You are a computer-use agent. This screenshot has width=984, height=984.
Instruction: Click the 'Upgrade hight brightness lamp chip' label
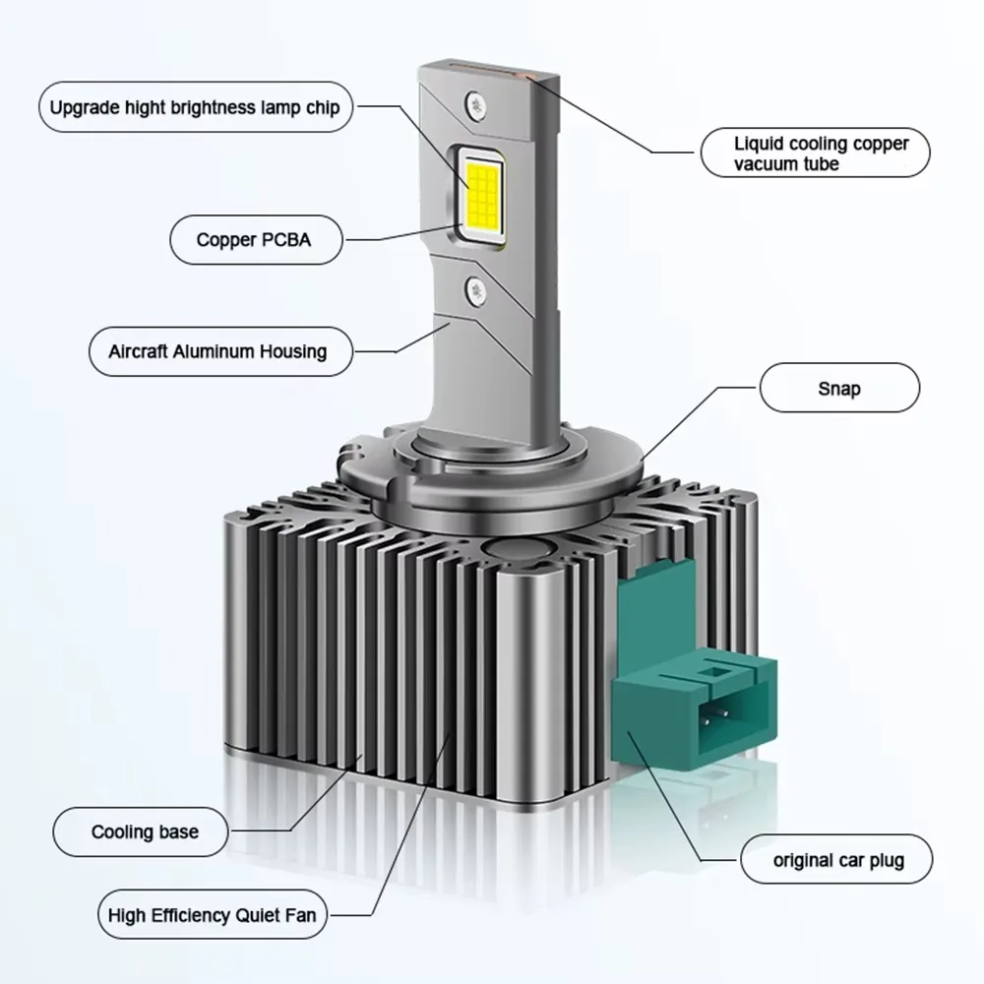click(195, 107)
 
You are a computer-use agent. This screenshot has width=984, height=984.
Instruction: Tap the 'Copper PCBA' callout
click(256, 240)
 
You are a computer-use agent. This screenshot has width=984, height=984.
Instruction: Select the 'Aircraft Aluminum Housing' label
click(220, 351)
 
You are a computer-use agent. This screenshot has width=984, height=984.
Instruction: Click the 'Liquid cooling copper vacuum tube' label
click(815, 154)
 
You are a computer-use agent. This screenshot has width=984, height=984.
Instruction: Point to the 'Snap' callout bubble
click(839, 388)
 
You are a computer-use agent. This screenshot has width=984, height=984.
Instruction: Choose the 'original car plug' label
click(836, 860)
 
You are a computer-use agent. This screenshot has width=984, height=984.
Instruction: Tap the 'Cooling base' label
click(141, 832)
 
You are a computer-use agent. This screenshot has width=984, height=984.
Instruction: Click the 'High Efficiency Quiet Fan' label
click(213, 915)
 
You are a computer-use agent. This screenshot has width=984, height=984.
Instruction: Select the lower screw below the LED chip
click(476, 289)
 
